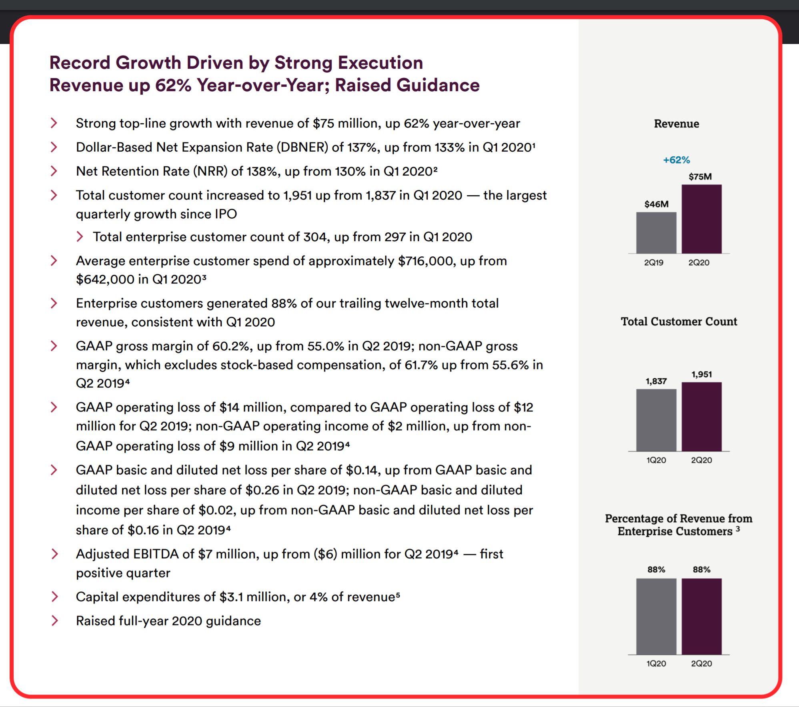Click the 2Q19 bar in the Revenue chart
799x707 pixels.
(656, 233)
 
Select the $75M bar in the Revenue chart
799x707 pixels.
(702, 219)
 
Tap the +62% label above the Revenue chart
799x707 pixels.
(677, 160)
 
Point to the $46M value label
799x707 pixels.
(656, 204)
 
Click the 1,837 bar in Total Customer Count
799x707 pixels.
(656, 420)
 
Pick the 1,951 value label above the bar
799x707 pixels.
(702, 374)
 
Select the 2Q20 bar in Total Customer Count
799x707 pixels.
(702, 417)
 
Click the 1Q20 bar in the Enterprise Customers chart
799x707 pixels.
(656, 616)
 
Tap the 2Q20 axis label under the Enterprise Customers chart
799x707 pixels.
(701, 663)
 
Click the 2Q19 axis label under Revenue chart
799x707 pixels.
(654, 262)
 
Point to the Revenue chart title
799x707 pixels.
(677, 124)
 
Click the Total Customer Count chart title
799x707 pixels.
(679, 322)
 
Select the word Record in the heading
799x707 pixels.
(80, 62)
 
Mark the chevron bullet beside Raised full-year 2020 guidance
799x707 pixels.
(54, 621)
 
